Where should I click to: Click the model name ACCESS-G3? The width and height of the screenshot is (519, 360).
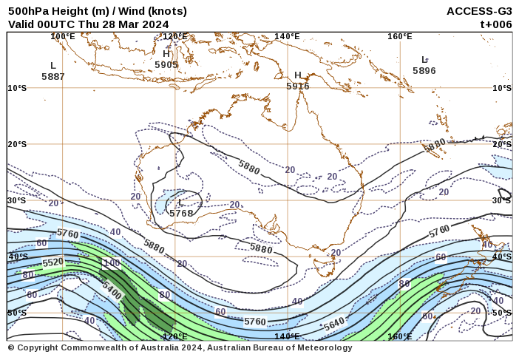click(x=479, y=11)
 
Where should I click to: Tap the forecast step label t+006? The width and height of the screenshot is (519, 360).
click(x=495, y=24)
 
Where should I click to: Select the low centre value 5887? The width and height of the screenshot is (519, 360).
click(x=53, y=76)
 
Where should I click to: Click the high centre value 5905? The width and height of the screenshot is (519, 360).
click(x=166, y=65)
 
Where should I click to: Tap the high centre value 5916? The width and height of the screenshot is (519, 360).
click(x=298, y=86)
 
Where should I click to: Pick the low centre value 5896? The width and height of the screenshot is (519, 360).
click(x=424, y=71)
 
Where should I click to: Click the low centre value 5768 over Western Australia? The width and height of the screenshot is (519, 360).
click(x=181, y=213)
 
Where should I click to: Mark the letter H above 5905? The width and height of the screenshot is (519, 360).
click(x=166, y=54)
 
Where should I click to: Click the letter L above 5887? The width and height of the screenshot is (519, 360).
click(x=53, y=66)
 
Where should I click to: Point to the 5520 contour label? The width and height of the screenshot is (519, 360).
click(x=52, y=262)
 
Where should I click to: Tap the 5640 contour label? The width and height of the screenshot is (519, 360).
click(x=334, y=325)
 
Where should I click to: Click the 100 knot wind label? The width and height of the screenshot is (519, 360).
click(x=111, y=264)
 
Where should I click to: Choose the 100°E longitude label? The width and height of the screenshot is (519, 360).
click(x=63, y=36)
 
